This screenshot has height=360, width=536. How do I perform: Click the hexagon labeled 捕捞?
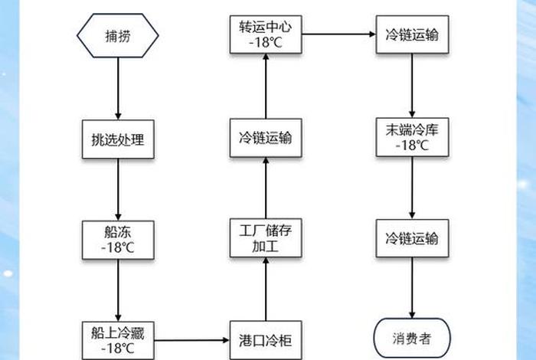118,35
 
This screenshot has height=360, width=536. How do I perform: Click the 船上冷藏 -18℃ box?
118,340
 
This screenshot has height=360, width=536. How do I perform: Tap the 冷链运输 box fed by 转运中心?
412,35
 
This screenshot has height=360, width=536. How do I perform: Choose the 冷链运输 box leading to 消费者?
412,238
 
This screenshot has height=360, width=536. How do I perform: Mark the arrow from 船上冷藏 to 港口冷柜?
191,340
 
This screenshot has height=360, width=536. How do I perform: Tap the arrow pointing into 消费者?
412,290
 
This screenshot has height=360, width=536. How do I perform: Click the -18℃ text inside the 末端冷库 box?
412,146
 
